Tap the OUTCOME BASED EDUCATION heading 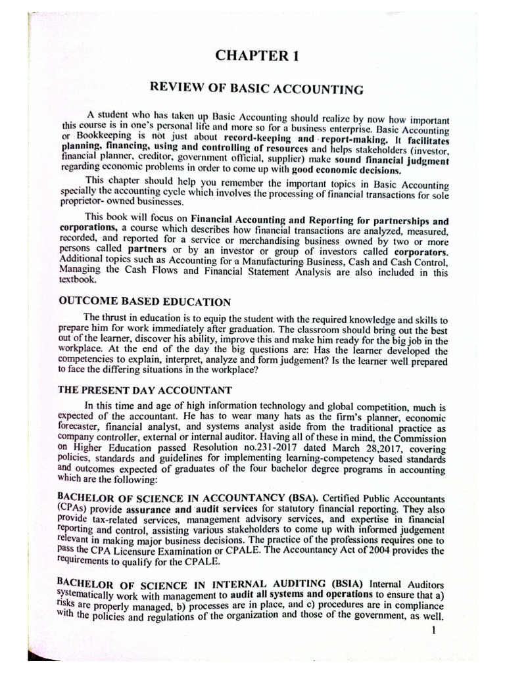[145, 302]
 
